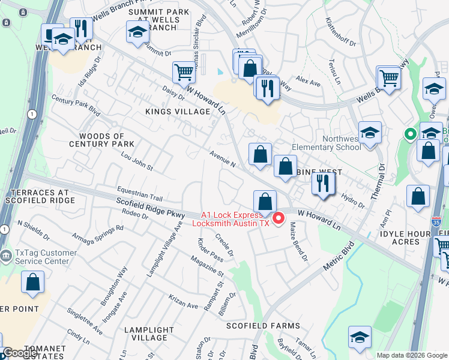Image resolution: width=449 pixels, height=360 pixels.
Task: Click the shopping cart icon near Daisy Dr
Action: point(184,73)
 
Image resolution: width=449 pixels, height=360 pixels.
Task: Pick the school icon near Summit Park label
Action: point(137,33)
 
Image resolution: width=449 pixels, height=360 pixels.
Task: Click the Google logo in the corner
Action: point(20,353)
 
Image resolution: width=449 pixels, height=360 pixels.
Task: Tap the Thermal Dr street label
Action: point(376,187)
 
